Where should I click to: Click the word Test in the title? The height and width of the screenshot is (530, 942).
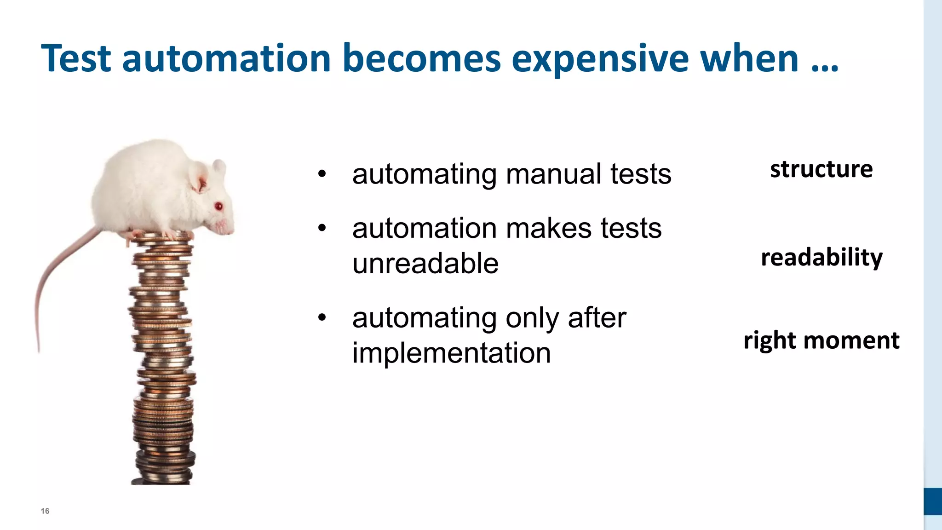76,59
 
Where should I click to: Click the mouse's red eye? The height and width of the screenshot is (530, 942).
219,206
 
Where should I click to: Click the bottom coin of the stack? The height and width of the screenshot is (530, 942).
161,481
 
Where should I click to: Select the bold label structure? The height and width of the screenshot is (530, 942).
821,169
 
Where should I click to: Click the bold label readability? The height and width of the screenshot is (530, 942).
821,257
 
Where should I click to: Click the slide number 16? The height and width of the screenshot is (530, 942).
45,511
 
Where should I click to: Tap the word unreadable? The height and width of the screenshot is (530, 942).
425,264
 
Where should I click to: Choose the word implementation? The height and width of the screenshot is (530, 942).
451,353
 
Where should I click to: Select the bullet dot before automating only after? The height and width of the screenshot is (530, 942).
322,317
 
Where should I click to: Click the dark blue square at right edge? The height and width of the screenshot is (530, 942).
932,501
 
